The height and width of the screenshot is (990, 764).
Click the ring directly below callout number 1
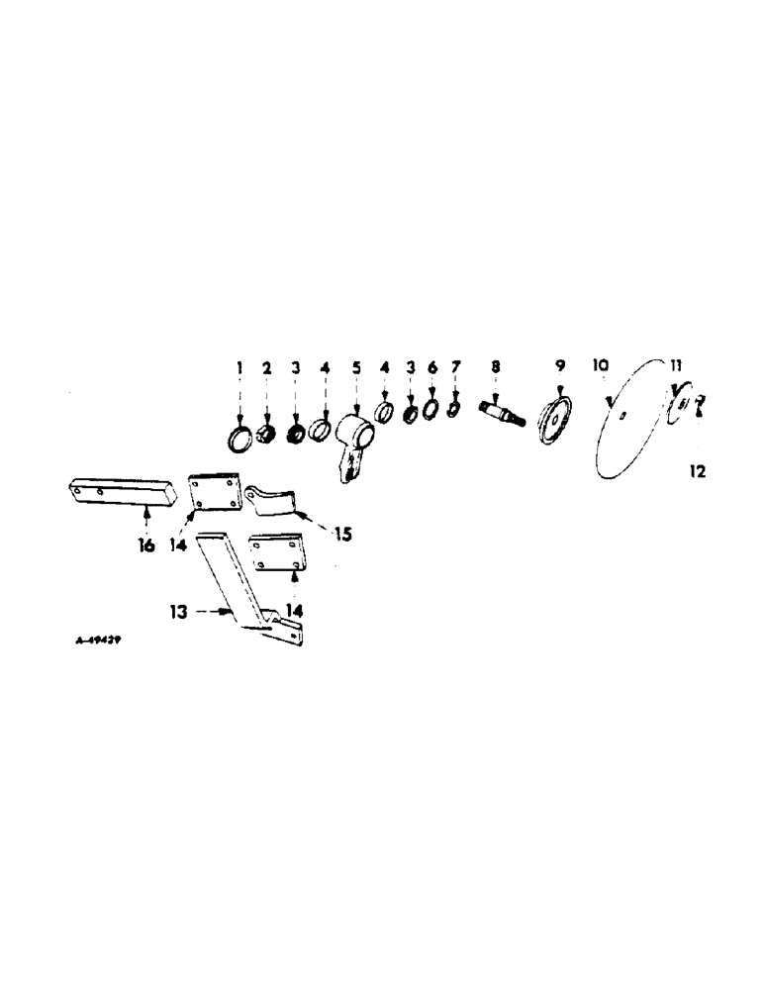(239, 437)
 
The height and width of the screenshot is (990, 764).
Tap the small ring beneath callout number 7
(453, 408)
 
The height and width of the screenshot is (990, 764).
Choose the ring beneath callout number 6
(430, 408)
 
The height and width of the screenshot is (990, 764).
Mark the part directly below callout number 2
(266, 434)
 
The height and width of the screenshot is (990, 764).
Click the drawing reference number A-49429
(98, 641)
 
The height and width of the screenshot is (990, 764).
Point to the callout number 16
(146, 545)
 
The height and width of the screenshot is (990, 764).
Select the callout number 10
(600, 365)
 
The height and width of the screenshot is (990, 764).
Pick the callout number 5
(356, 366)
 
